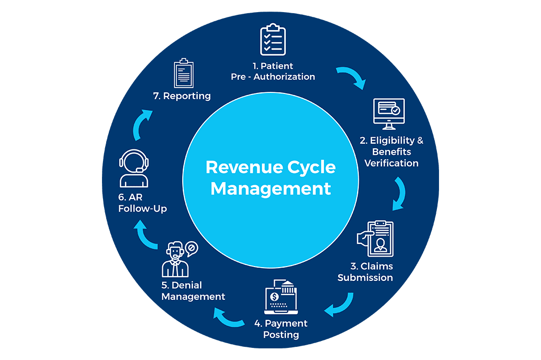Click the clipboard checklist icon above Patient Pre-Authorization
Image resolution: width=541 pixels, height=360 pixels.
click(273, 39)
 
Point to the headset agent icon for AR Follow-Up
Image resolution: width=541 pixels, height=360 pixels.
click(134, 168)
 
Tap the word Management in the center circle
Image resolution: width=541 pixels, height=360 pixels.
click(270, 188)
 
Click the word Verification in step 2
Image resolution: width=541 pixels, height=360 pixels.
click(391, 163)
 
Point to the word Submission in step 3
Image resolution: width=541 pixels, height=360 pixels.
click(365, 278)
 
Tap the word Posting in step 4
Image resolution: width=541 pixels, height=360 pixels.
click(282, 335)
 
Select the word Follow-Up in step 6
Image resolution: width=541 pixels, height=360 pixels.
click(142, 209)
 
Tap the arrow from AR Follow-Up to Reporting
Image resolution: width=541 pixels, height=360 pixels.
click(140, 125)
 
